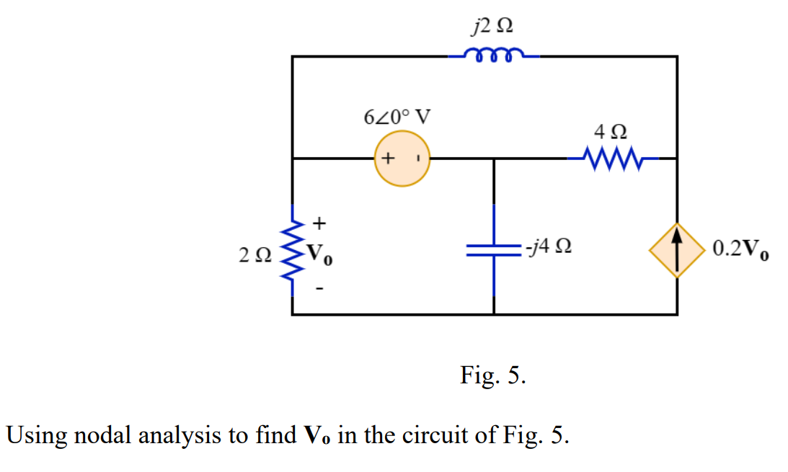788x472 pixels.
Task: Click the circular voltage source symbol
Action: (x=402, y=159)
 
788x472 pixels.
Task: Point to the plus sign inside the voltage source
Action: (x=388, y=158)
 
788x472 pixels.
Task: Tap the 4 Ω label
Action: (x=610, y=133)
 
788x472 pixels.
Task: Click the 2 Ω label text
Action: (x=255, y=253)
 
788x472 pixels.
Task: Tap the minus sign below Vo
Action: (x=321, y=290)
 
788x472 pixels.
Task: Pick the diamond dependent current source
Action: (x=676, y=250)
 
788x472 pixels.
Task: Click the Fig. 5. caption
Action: (x=493, y=375)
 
